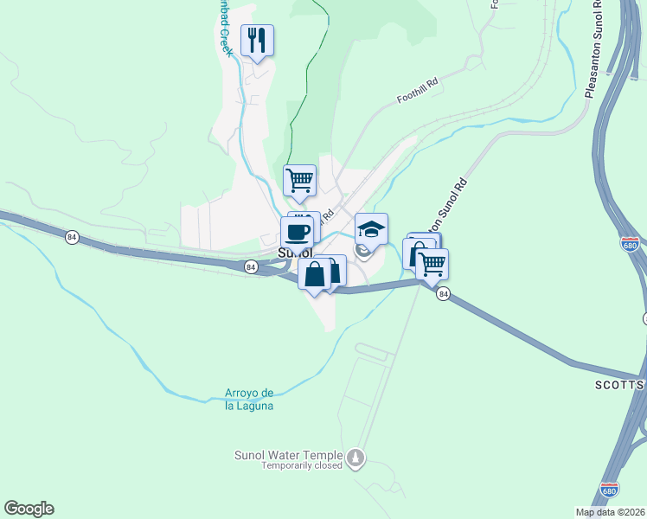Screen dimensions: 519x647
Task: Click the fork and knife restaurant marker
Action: click(x=257, y=40)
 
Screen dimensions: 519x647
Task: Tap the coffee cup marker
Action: click(x=297, y=232)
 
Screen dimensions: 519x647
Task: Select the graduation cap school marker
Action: click(x=371, y=229)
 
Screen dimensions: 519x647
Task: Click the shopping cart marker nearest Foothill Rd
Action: click(x=300, y=181)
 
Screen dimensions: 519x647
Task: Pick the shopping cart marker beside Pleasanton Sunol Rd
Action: click(x=432, y=265)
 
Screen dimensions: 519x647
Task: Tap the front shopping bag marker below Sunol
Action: click(x=315, y=274)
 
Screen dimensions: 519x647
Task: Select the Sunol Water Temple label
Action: click(x=289, y=455)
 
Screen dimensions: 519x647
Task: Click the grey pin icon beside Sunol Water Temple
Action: click(x=356, y=457)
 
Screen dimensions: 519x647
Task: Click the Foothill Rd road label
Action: click(x=418, y=92)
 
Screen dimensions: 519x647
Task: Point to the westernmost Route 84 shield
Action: click(x=70, y=235)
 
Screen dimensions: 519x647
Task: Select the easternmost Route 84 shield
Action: click(x=444, y=294)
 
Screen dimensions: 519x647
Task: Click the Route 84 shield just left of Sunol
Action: click(x=250, y=266)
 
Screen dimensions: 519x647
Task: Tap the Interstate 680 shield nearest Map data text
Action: click(x=611, y=490)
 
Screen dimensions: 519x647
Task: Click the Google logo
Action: click(x=29, y=509)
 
